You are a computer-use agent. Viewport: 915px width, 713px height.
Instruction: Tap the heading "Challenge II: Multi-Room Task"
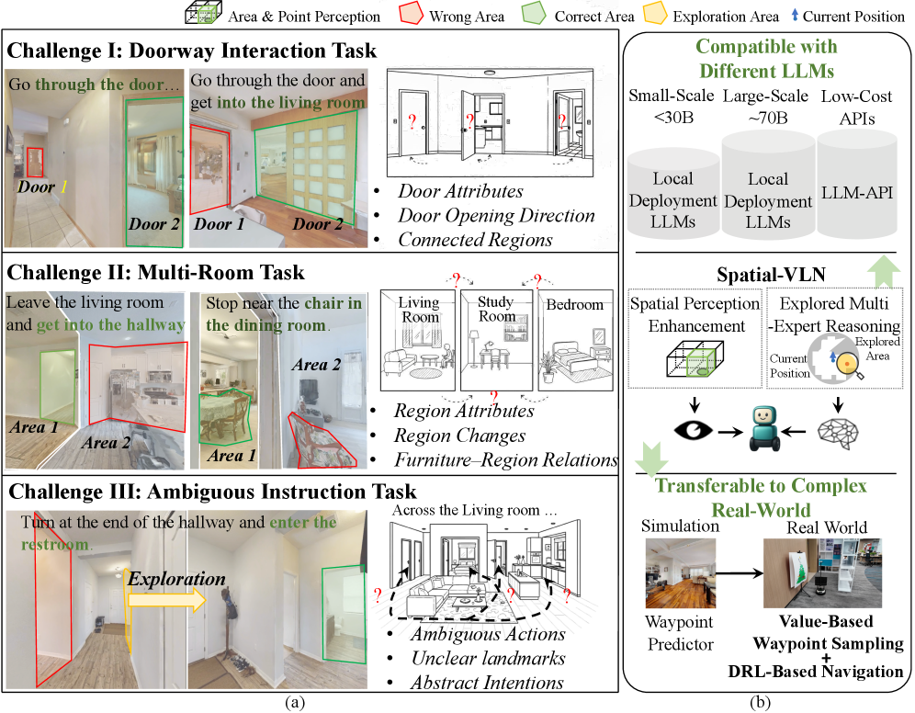(x=156, y=273)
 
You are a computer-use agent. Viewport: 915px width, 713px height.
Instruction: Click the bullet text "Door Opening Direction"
(x=496, y=216)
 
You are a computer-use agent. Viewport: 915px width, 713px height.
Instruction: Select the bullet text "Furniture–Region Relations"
(x=506, y=459)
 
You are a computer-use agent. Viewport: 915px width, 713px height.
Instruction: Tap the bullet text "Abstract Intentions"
(x=487, y=683)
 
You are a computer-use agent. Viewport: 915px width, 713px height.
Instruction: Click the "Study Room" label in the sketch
(x=496, y=309)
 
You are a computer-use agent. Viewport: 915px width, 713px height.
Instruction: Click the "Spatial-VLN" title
(x=766, y=274)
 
